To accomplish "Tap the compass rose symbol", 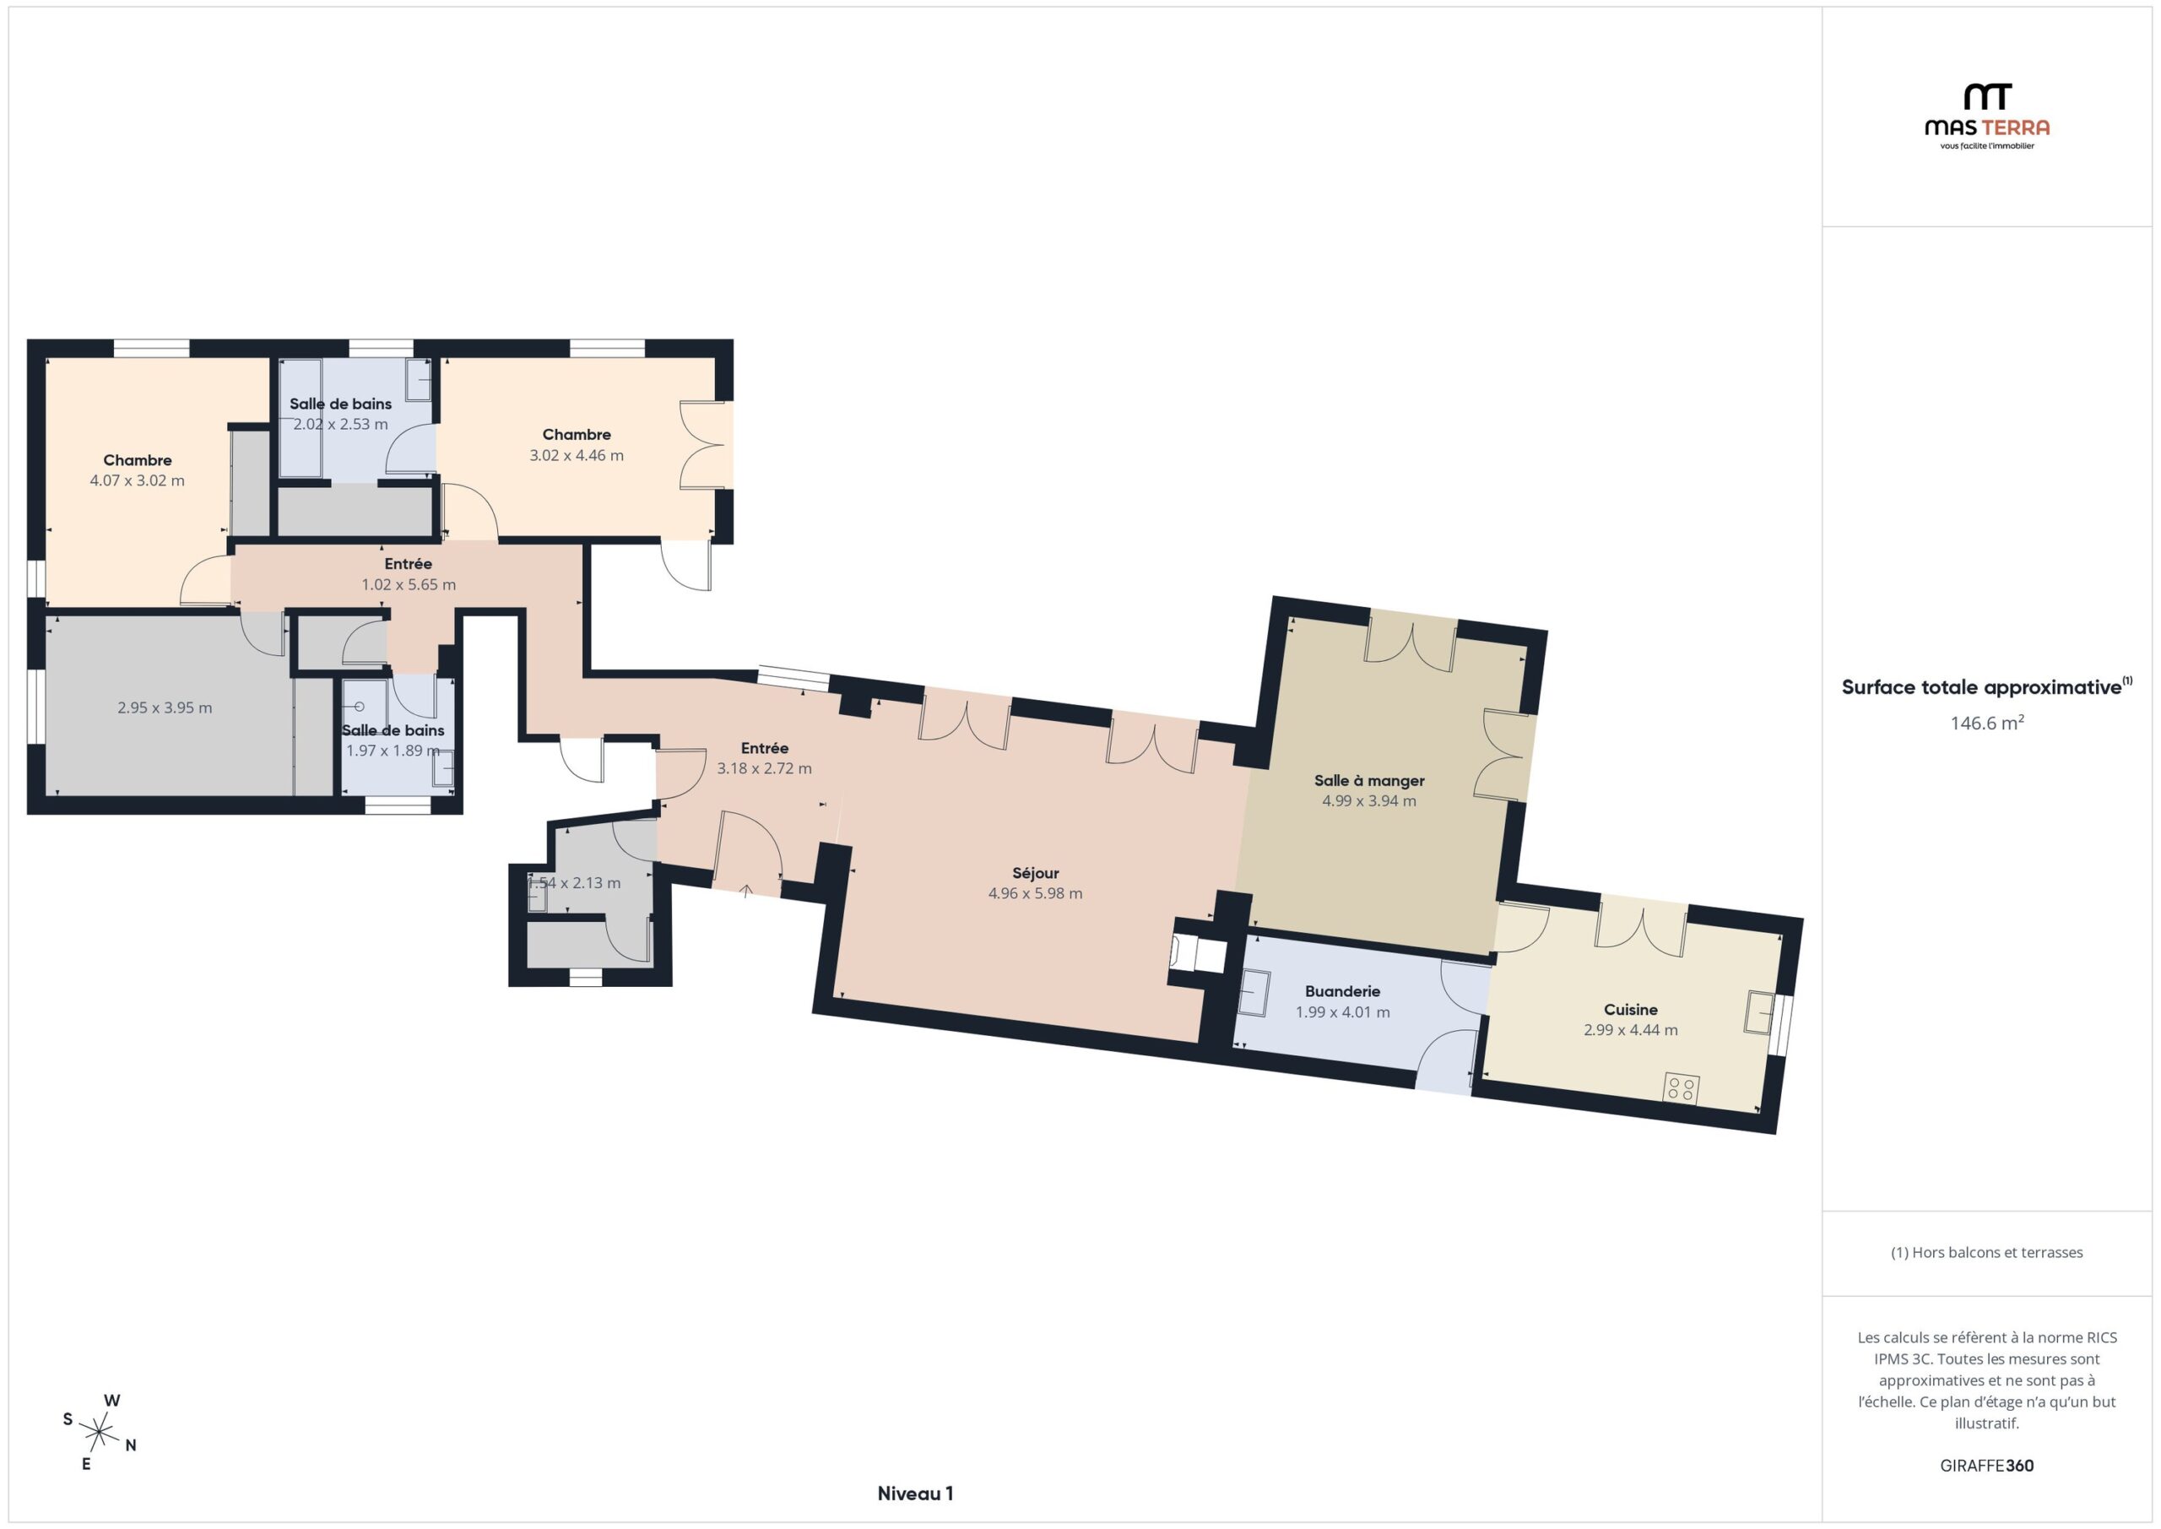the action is [99, 1433].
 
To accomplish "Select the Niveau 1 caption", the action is [915, 1494].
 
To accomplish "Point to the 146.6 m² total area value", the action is [1987, 722].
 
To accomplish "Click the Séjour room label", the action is [1035, 873].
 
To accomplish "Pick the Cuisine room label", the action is [1630, 1009].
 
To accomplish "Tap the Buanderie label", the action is [1342, 991].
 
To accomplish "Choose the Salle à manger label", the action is [1368, 780].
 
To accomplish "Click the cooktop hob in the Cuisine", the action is [1681, 1089].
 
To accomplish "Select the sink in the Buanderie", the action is [1253, 992].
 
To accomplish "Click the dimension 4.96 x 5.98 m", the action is [1035, 893].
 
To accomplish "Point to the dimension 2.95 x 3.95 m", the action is [165, 708].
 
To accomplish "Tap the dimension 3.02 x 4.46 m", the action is [576, 456].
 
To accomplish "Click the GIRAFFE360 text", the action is [1987, 1466].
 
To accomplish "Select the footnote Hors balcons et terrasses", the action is [1987, 1252].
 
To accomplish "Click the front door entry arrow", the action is [746, 891].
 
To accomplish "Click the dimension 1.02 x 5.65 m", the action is [409, 585].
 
